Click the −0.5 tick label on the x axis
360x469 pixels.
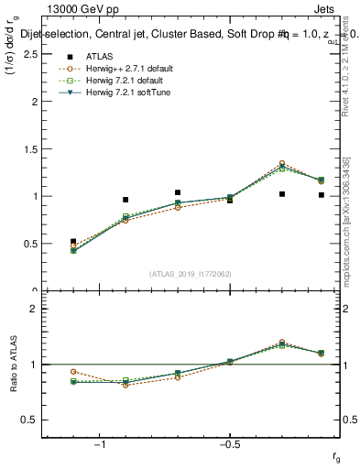click(x=229, y=444)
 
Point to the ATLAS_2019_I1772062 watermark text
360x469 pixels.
click(x=191, y=274)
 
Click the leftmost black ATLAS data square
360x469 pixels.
click(x=73, y=242)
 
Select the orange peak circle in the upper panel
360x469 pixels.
click(x=281, y=163)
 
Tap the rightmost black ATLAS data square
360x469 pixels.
click(x=322, y=195)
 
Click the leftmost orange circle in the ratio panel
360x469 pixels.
click(x=73, y=372)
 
